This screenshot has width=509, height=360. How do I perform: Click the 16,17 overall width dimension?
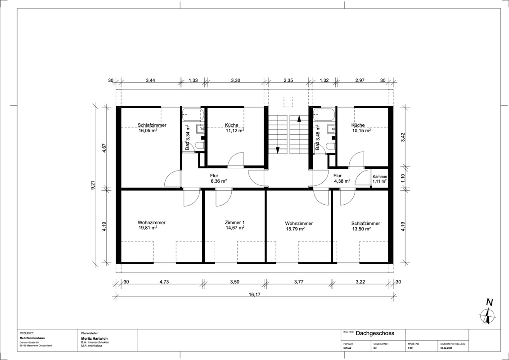coord(255,295)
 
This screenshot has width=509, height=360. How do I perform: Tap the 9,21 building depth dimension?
coord(93,184)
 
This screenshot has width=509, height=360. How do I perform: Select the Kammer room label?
coord(380,176)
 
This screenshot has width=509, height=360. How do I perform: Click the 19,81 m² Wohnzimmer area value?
coord(148,228)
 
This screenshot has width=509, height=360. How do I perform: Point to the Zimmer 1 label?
coord(235,223)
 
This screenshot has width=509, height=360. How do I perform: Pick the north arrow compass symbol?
coord(487,313)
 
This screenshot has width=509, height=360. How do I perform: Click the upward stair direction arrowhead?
coord(299,118)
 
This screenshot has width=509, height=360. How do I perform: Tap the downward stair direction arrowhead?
coord(278,150)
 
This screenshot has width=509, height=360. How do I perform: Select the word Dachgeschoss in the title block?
coord(375,333)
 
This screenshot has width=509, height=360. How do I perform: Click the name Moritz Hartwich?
coord(94,338)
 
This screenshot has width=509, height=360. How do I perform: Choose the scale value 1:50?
coord(410,348)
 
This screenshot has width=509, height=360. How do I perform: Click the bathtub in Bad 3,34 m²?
coord(193,115)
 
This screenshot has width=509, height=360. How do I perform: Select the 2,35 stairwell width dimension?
coord(288,80)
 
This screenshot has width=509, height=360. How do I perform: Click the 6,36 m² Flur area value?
coord(219,181)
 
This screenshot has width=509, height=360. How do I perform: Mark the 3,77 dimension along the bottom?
coord(299,282)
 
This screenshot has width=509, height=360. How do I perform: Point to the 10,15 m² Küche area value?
coord(362,131)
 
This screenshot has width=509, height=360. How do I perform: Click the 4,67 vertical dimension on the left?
coord(104,148)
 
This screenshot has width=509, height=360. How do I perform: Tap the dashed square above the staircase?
coord(288,102)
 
